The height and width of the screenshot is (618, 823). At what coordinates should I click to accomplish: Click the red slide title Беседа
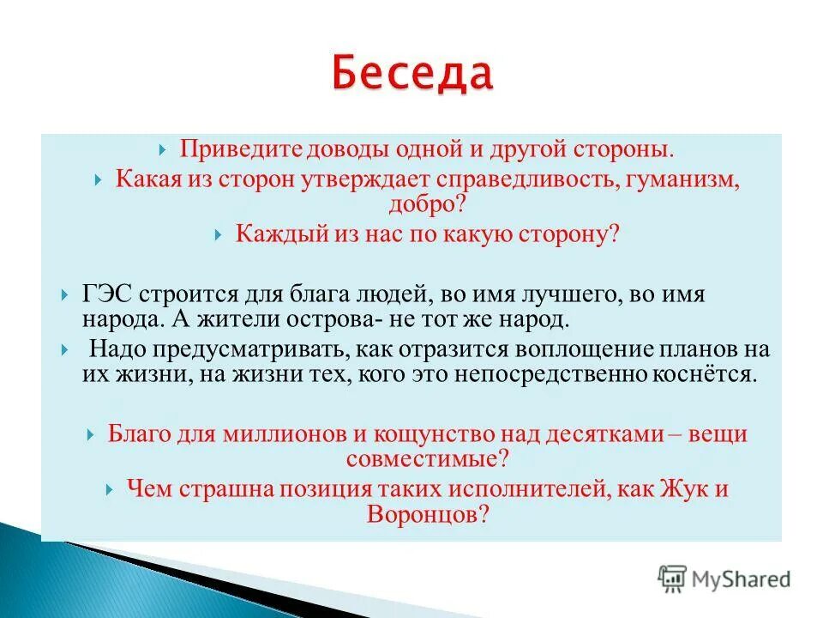411,76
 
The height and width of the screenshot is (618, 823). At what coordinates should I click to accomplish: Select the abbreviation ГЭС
106,294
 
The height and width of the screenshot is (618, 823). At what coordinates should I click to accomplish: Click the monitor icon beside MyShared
674,579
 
